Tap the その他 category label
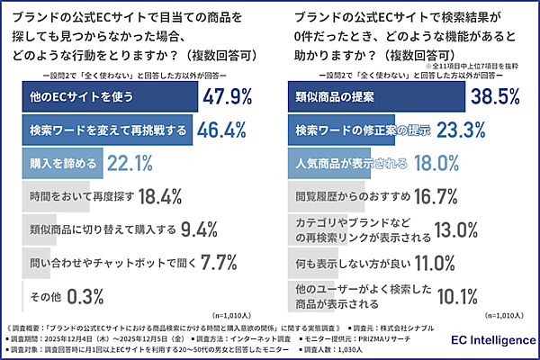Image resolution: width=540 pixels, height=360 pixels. click(x=44, y=295)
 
